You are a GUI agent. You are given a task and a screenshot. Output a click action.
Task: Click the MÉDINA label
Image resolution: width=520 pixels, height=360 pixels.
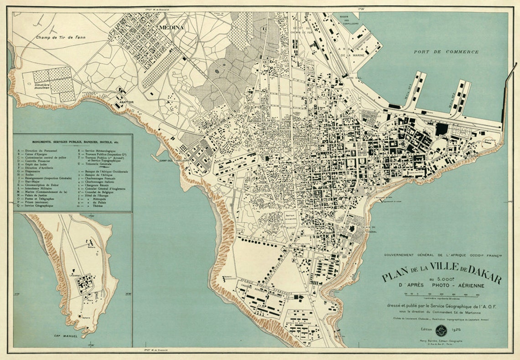tap(171, 28)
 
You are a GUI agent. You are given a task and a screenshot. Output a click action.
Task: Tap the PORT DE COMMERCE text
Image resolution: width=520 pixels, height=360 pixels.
tap(446, 52)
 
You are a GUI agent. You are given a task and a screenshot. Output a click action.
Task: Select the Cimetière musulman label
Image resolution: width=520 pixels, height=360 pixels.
tap(46, 87)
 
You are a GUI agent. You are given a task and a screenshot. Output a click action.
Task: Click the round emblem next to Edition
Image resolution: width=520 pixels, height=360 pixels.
tap(441, 330)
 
